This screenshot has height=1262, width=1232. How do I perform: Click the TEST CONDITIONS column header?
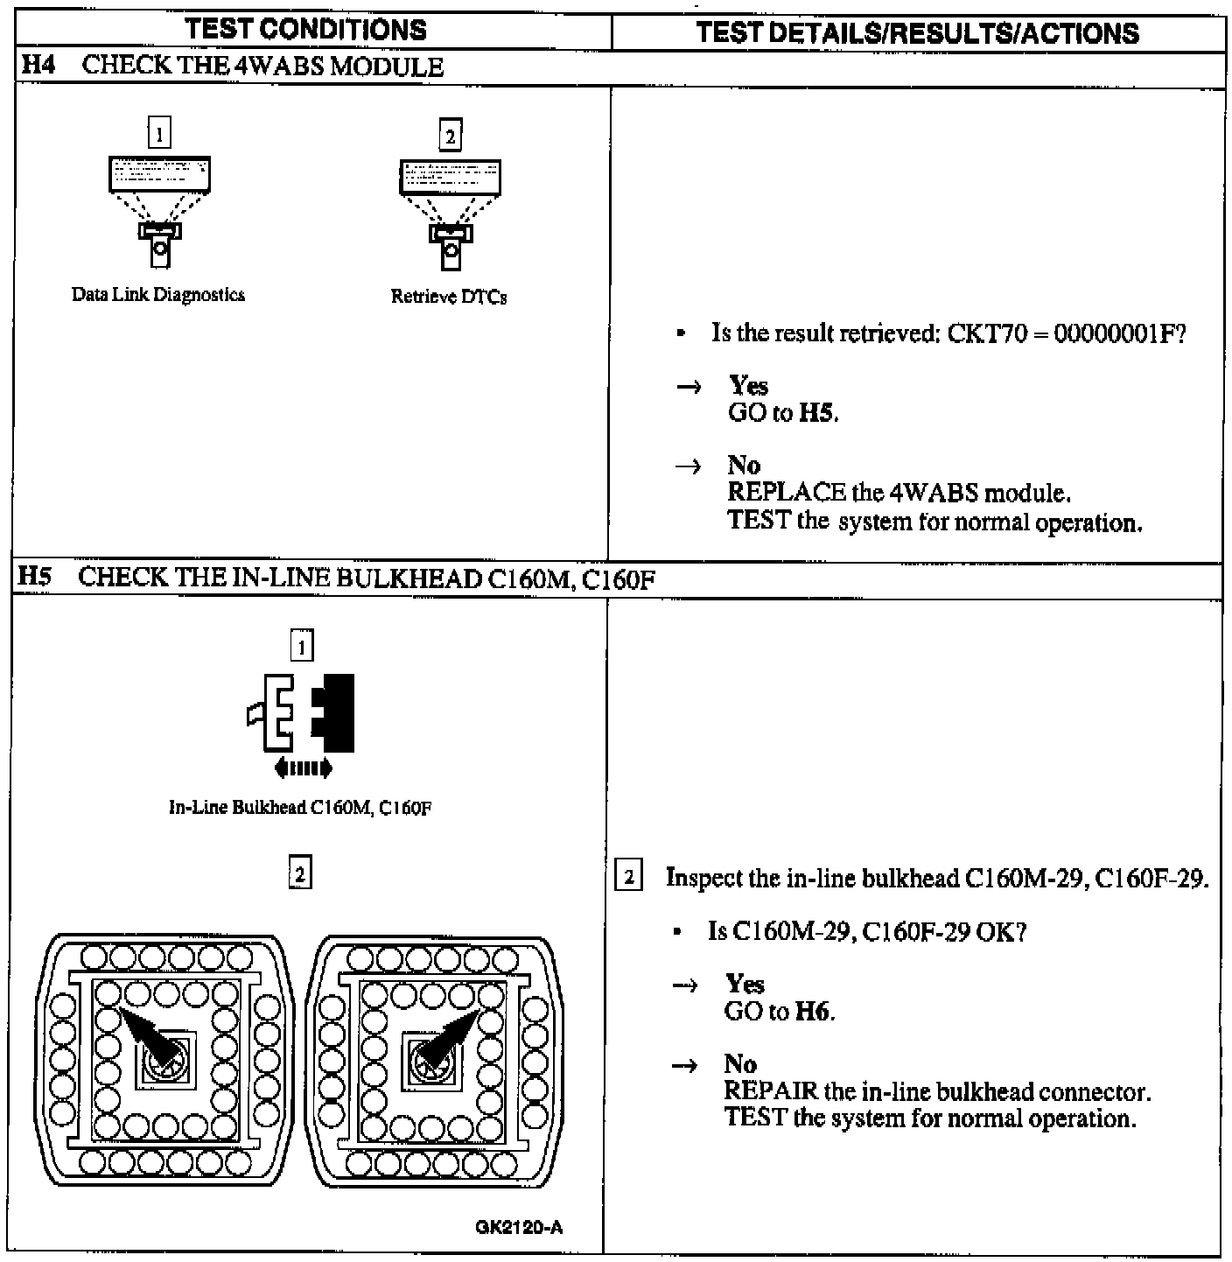[305, 30]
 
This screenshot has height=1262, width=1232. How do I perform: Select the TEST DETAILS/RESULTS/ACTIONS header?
[918, 33]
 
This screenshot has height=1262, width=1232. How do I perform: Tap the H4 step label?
[37, 67]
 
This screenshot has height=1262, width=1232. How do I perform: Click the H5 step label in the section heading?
[35, 578]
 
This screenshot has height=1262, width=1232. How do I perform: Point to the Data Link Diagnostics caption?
[158, 295]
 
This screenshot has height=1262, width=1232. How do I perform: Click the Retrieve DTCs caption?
[449, 297]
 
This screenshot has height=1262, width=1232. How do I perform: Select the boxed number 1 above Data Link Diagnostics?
[159, 134]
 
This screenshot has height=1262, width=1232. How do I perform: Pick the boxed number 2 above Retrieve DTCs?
[450, 136]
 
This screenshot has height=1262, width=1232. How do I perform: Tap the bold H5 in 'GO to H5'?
[817, 413]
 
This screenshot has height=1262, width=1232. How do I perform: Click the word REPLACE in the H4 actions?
[787, 493]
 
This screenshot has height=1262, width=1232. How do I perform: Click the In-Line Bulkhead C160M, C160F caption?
[300, 808]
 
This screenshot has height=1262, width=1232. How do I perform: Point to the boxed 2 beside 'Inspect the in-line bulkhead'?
[629, 877]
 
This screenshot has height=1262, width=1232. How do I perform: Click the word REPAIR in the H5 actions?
[772, 1092]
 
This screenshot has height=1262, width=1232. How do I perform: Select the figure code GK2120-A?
[520, 1227]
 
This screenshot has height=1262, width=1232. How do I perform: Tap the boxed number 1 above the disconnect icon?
[302, 647]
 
